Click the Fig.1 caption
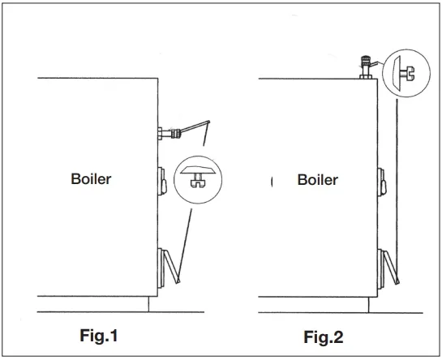(99, 336)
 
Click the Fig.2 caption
(324, 336)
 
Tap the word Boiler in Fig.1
(91, 179)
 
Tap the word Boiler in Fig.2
(318, 180)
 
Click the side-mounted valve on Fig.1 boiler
(170, 133)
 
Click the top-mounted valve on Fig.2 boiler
(366, 66)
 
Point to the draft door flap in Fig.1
(172, 267)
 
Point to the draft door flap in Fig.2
(391, 268)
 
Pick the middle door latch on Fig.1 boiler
(162, 181)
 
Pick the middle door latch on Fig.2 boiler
(382, 182)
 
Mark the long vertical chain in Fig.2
(397, 189)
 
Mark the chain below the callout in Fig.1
(185, 244)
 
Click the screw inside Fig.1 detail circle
(198, 181)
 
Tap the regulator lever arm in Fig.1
(195, 126)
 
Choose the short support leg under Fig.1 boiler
(148, 304)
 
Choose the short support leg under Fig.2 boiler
(368, 305)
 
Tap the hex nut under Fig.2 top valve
(366, 77)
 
